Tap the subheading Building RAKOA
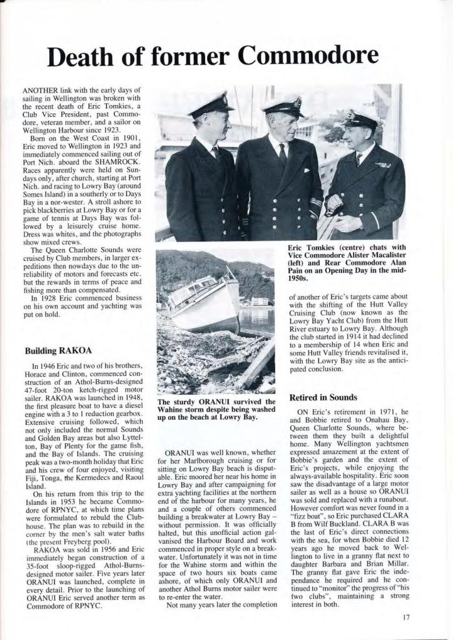pos(58,351)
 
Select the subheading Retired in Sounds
pos(323,397)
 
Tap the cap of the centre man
pos(283,104)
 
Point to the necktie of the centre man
pos(283,153)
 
